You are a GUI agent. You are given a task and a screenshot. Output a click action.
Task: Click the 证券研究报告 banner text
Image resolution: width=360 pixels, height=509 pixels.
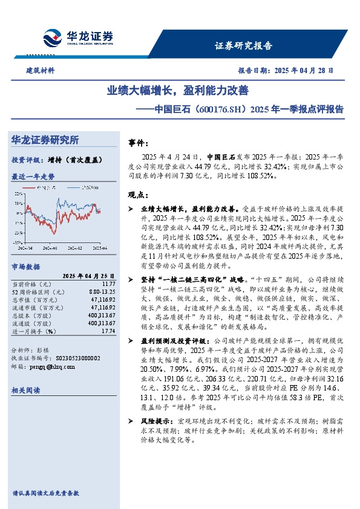243,45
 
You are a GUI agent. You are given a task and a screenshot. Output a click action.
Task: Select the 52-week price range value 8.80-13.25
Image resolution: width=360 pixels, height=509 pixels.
101,291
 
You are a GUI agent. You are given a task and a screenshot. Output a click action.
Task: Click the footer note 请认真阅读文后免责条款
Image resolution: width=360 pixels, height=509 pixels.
45,493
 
